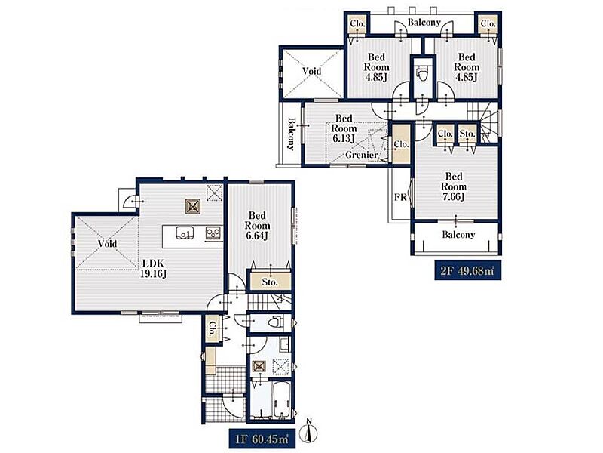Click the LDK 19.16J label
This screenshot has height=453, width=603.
point(154,269)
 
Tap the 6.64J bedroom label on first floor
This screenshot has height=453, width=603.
point(257,225)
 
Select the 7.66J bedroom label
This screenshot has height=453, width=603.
point(454,186)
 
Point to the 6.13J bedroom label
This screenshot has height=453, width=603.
point(344,128)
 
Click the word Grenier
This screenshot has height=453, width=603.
point(362,155)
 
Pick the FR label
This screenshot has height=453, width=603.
point(400,197)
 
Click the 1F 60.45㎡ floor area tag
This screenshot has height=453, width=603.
point(262,439)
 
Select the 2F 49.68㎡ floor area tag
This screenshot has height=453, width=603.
point(467,271)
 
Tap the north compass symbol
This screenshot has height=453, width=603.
point(310,430)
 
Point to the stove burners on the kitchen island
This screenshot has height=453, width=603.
point(213,233)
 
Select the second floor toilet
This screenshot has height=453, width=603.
point(422,74)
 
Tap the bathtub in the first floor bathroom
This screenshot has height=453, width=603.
point(281,399)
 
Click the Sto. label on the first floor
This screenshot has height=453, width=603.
point(270,282)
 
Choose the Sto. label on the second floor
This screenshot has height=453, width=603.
point(467,134)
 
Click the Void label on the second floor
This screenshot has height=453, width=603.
point(311,71)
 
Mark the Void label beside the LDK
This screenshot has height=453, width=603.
point(107,244)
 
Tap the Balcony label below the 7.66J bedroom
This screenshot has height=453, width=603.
point(458,235)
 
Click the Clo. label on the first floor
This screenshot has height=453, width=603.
point(212,328)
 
